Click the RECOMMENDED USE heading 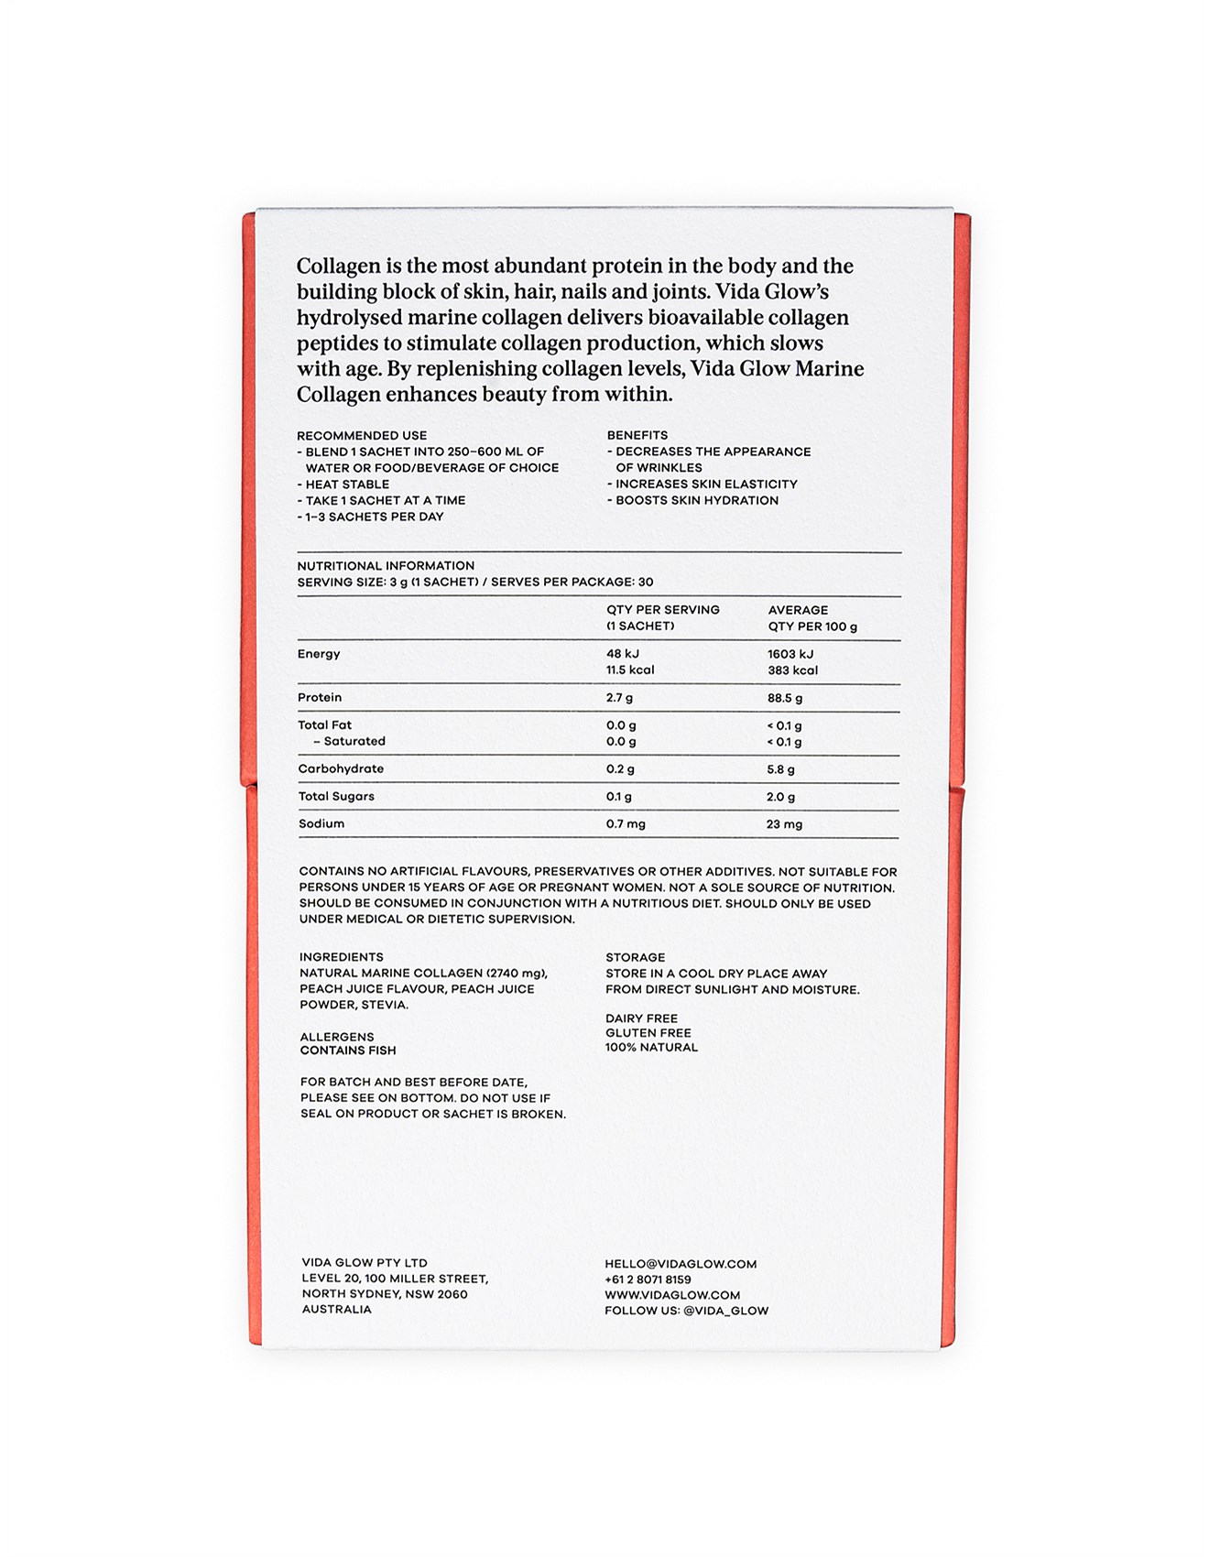click(362, 436)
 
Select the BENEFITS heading click(637, 435)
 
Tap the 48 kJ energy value click(623, 654)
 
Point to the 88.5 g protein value click(785, 698)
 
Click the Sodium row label click(321, 824)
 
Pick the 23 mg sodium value click(784, 824)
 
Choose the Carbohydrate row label click(341, 769)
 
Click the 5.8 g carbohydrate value click(780, 769)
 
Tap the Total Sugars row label click(336, 797)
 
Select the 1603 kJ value click(790, 654)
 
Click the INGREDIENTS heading click(342, 957)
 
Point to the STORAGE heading click(636, 957)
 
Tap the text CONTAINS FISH click(348, 1051)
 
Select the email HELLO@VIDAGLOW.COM click(681, 1264)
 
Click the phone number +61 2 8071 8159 click(648, 1279)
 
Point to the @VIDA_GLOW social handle click(725, 1311)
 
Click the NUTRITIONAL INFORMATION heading click(386, 566)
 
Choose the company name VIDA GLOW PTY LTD click(365, 1263)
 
